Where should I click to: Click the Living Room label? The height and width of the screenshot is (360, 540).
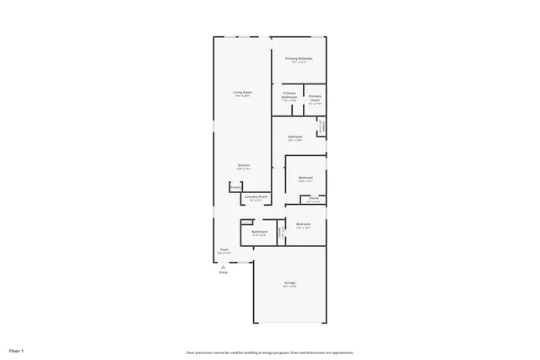[243, 91]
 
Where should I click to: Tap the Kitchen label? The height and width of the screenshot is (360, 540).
[243, 164]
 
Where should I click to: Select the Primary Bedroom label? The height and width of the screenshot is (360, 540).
[298, 58]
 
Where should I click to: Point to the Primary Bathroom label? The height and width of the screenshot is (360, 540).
[289, 95]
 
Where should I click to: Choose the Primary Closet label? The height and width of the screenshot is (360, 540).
[314, 96]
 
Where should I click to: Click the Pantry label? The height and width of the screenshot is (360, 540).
[235, 187]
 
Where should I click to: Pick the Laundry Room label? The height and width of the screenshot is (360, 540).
[256, 197]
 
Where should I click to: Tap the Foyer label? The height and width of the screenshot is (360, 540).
[224, 249]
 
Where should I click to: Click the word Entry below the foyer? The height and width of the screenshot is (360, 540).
[224, 272]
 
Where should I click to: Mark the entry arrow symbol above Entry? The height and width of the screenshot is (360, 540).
[224, 265]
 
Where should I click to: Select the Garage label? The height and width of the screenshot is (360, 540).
[289, 282]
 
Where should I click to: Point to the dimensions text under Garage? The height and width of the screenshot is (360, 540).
[289, 287]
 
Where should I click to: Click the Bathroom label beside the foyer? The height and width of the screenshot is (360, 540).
[259, 231]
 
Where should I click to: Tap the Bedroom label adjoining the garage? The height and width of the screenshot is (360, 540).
[304, 223]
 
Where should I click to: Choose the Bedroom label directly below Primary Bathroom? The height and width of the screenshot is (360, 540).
[294, 137]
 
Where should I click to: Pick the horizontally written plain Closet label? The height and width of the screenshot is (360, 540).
[313, 199]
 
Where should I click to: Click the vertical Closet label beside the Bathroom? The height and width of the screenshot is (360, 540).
[280, 232]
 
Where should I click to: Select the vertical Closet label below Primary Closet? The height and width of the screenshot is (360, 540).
[321, 126]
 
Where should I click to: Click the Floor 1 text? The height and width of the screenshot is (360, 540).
[17, 349]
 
